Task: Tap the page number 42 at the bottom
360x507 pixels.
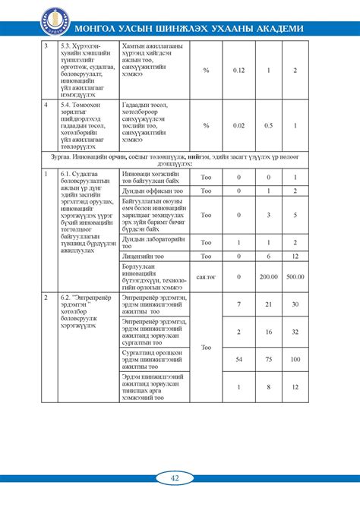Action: pos(175,477)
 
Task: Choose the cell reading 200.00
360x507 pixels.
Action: pos(267,277)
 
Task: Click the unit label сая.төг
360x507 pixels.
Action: pos(206,277)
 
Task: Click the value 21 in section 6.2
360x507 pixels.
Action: pos(267,304)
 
